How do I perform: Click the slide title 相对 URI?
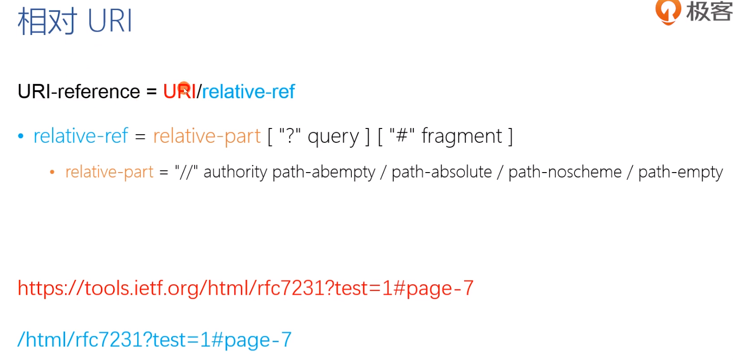tap(75, 23)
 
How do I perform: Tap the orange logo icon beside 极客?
tap(668, 12)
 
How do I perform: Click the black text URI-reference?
tap(79, 91)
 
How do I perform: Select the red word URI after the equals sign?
tap(179, 91)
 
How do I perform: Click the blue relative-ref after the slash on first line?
tap(248, 91)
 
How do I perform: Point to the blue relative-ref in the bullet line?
tap(81, 136)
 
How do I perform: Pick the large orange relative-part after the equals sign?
tap(207, 136)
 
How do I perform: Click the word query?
tap(333, 137)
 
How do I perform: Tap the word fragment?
tap(462, 136)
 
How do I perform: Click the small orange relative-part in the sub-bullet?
tap(109, 172)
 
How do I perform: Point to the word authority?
tap(235, 172)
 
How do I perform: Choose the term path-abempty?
tap(324, 172)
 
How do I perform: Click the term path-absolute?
tap(442, 172)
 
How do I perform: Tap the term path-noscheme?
tap(565, 172)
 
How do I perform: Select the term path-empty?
tap(680, 172)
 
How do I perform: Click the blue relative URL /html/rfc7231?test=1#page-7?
tap(154, 339)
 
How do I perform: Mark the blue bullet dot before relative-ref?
tap(21, 137)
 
